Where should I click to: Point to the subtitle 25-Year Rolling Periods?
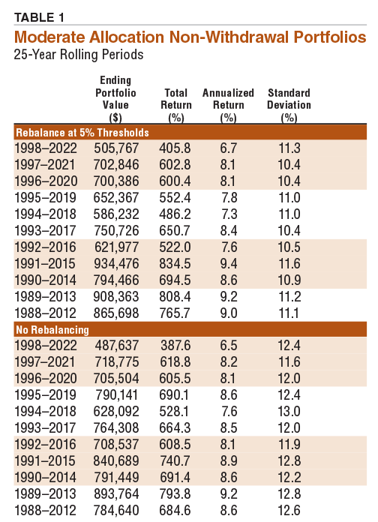[77, 54]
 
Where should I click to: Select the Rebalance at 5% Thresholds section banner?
[82, 132]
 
